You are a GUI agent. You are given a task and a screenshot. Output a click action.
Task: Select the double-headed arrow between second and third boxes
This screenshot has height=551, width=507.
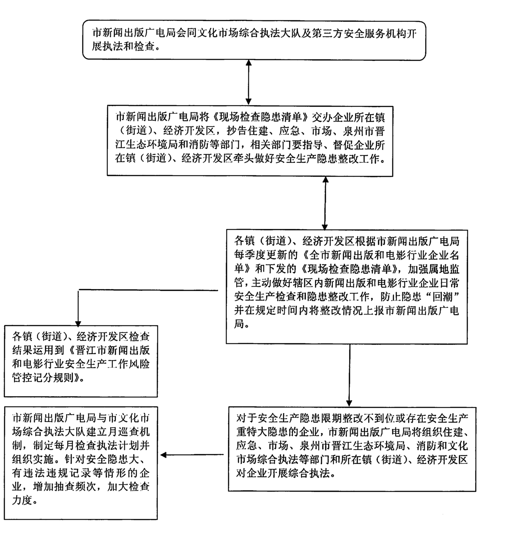[325, 203]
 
